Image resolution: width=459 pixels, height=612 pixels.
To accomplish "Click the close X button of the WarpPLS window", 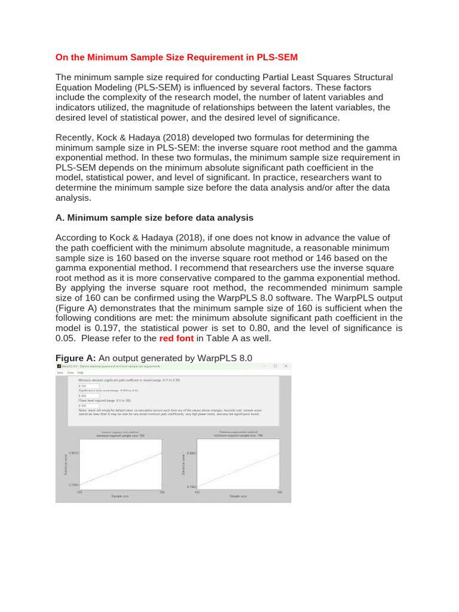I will tap(286, 366).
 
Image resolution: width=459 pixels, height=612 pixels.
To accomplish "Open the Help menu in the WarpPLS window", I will tap(80, 372).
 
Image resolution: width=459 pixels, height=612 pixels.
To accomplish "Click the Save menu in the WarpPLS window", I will tap(60, 372).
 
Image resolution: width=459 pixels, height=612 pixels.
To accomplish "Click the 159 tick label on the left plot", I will tap(80, 492).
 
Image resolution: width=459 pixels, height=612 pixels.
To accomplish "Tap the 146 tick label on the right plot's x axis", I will tap(279, 492).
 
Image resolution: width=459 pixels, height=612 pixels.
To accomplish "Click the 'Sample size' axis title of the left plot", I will tap(120, 497).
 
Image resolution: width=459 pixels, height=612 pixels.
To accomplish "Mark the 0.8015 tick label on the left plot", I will tap(74, 454).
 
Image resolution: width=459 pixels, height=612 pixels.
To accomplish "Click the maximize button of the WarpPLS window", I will tap(275, 366).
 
